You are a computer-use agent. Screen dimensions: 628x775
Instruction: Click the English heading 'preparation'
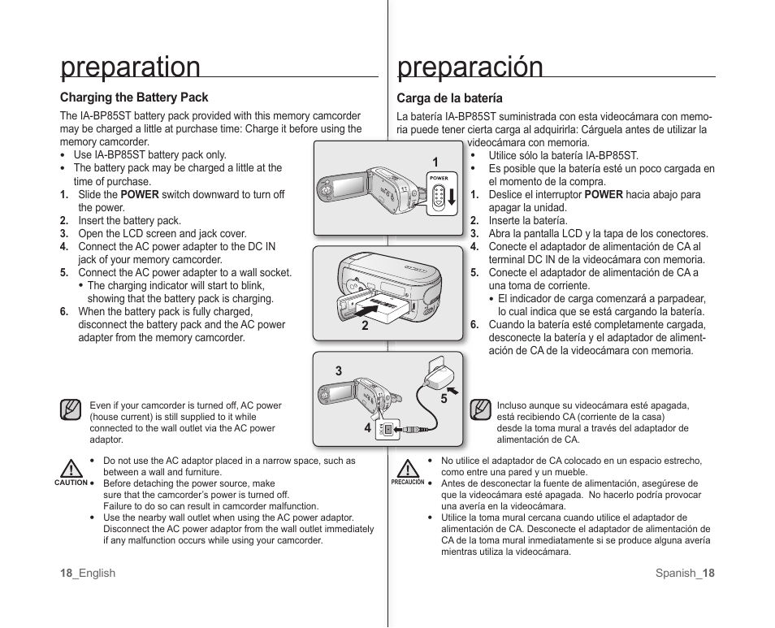click(x=130, y=67)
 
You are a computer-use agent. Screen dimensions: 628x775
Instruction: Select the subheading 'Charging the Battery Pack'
click(x=134, y=97)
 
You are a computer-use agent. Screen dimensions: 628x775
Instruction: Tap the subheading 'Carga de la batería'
click(x=449, y=98)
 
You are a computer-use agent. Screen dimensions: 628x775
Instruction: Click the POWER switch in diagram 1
click(x=439, y=196)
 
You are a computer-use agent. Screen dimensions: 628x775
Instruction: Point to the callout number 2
click(x=366, y=326)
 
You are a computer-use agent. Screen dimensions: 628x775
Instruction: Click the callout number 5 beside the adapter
click(x=444, y=399)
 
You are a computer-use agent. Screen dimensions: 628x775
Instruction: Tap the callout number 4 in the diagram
click(x=367, y=428)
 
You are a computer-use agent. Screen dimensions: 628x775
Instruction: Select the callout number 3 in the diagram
click(x=339, y=371)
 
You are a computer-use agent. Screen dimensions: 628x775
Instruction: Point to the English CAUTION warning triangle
click(x=71, y=469)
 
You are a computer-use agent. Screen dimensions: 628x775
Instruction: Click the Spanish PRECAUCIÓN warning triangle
click(x=408, y=469)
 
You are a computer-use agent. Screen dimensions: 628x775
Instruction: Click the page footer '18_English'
click(x=88, y=573)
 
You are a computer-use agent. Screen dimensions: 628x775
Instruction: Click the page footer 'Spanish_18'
click(x=685, y=573)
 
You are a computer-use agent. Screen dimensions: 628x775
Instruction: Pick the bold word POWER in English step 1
click(x=140, y=195)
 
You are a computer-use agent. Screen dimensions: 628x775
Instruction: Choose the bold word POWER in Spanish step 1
click(x=604, y=195)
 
